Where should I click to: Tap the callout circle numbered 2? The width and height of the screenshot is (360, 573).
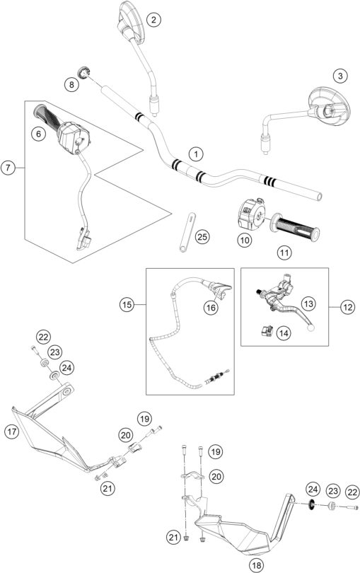(153, 21)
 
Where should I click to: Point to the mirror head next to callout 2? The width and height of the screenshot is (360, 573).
(129, 20)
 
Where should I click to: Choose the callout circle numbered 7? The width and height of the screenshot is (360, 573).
(8, 168)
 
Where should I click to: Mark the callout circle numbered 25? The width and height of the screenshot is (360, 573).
(202, 236)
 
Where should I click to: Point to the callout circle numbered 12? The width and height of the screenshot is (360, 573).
(346, 306)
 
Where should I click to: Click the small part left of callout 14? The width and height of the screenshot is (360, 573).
(269, 328)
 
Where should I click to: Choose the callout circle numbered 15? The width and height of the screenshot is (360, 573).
(127, 306)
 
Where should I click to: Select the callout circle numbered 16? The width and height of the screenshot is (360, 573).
(211, 307)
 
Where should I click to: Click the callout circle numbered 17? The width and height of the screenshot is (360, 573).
(12, 429)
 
